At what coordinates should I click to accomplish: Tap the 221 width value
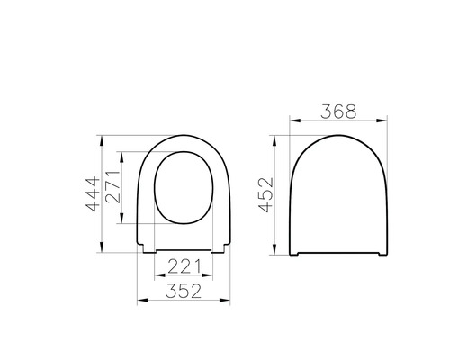pos(185,266)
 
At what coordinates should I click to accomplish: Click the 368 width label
pos(339,112)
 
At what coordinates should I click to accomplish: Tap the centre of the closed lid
pos(339,193)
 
